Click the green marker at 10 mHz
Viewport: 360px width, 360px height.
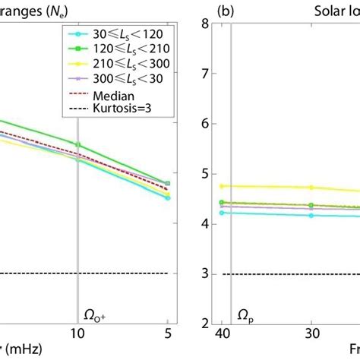(78, 144)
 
